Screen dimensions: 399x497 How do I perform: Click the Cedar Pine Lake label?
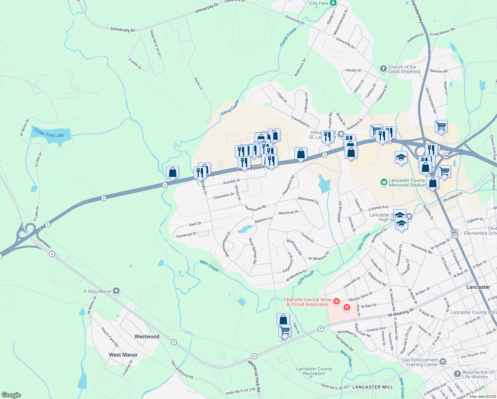pos(50,133)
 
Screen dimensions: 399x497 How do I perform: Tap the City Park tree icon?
pos(333,3)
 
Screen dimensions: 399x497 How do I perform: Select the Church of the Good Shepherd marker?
pos(383,69)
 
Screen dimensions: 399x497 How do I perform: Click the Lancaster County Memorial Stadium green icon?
pos(384,182)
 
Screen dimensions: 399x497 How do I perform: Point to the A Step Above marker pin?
pos(116,291)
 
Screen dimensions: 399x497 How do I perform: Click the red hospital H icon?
pos(347,307)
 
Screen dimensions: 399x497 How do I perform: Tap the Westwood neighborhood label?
pos(147,336)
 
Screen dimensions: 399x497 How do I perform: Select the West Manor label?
pos(123,355)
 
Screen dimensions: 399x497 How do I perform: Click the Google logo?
pos(11,395)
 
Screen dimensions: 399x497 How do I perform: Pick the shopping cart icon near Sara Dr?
pos(285,331)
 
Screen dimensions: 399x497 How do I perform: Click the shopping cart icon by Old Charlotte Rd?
pos(441,126)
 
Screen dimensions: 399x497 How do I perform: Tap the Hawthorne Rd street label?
pos(255,208)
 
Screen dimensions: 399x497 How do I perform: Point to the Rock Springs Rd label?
pos(253,251)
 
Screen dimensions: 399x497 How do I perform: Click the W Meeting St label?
pos(401,313)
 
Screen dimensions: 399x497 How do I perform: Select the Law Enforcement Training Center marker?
pos(443,362)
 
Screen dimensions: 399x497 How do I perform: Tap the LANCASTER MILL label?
pos(373,387)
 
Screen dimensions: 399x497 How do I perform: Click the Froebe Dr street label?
pos(135,64)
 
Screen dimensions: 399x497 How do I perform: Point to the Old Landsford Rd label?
pos(182,369)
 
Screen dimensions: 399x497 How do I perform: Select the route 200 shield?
pos(446,156)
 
